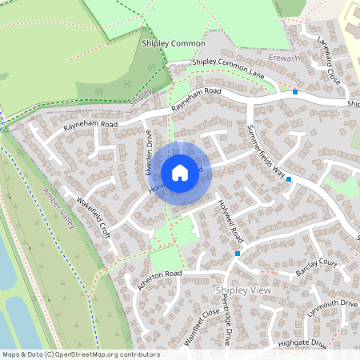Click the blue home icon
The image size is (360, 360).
click(x=180, y=172)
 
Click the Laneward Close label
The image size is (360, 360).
click(x=328, y=61)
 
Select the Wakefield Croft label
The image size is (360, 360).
click(x=93, y=217)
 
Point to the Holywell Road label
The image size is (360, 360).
click(x=230, y=221)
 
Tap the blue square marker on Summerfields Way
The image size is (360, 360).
click(x=289, y=179)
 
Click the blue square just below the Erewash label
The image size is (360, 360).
click(x=295, y=92)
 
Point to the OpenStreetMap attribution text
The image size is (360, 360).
click(x=81, y=354)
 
